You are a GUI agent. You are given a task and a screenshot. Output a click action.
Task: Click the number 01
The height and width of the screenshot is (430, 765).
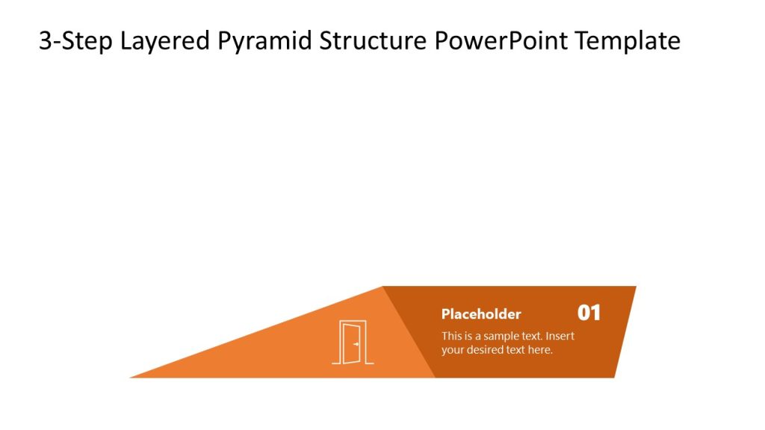[x=589, y=313]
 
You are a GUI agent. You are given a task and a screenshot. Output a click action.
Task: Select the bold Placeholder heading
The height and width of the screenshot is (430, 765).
[x=481, y=314]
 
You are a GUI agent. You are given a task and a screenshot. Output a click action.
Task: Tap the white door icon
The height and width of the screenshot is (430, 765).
[x=353, y=343]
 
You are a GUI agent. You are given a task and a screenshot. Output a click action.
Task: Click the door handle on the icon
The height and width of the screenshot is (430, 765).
[x=357, y=344]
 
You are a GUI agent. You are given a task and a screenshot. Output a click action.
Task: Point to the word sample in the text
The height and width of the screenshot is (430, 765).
[x=501, y=336]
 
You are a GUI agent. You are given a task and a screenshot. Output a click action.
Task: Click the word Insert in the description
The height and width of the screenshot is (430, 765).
[x=560, y=336]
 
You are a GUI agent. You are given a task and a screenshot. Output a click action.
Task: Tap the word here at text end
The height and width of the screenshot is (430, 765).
[x=540, y=349]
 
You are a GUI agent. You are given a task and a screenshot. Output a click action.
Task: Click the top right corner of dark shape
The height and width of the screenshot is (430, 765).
[x=635, y=287]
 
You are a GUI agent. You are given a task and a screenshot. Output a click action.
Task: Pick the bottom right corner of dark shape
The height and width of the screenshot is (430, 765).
[x=614, y=377]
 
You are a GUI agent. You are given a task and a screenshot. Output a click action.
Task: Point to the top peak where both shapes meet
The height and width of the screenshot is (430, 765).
[x=382, y=287]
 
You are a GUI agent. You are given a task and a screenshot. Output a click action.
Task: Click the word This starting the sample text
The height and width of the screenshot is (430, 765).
[x=451, y=336]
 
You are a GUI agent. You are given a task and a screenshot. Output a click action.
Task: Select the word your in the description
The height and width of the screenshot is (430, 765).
[x=452, y=349]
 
